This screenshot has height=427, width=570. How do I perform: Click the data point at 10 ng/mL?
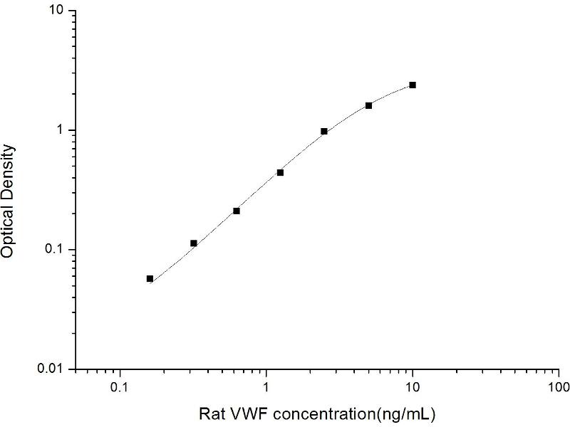tap(413, 85)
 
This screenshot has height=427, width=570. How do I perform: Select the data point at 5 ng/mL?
tap(368, 105)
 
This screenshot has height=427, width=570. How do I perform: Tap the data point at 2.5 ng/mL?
tap(324, 131)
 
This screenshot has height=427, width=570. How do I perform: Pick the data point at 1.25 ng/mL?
tap(280, 172)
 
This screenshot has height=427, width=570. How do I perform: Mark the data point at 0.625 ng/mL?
tap(237, 211)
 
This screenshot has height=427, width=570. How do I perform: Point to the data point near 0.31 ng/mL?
tap(193, 243)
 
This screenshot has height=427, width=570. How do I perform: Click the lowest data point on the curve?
tap(150, 278)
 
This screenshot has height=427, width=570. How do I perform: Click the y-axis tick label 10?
tap(56, 12)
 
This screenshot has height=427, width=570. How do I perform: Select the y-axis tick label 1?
tap(61, 131)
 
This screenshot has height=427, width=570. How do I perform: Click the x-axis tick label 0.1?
tap(120, 388)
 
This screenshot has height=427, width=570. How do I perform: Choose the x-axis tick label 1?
tap(266, 388)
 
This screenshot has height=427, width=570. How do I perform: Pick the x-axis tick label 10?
tap(413, 388)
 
